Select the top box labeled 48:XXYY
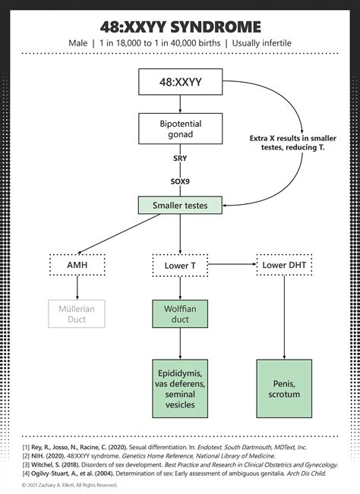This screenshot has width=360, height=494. point(180,80)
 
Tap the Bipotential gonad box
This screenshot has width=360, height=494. point(180,128)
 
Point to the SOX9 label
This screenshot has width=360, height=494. point(180,182)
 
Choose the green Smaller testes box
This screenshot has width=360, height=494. point(180,205)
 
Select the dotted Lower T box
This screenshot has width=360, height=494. point(180,265)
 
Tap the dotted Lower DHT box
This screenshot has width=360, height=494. point(283,265)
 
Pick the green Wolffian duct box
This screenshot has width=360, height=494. point(180,313)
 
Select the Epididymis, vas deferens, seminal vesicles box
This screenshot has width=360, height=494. point(180,388)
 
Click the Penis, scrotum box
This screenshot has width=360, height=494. point(283,388)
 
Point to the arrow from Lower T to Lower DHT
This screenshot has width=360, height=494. point(232,265)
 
